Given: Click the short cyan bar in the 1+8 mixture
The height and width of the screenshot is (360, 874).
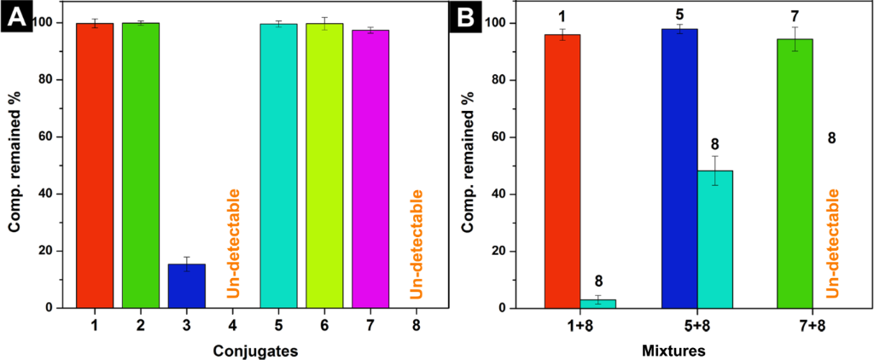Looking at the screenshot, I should pyautogui.click(x=597, y=304).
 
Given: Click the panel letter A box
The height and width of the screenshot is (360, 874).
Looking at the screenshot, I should pyautogui.click(x=16, y=17).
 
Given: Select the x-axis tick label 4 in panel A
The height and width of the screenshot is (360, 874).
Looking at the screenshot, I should pyautogui.click(x=233, y=325).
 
